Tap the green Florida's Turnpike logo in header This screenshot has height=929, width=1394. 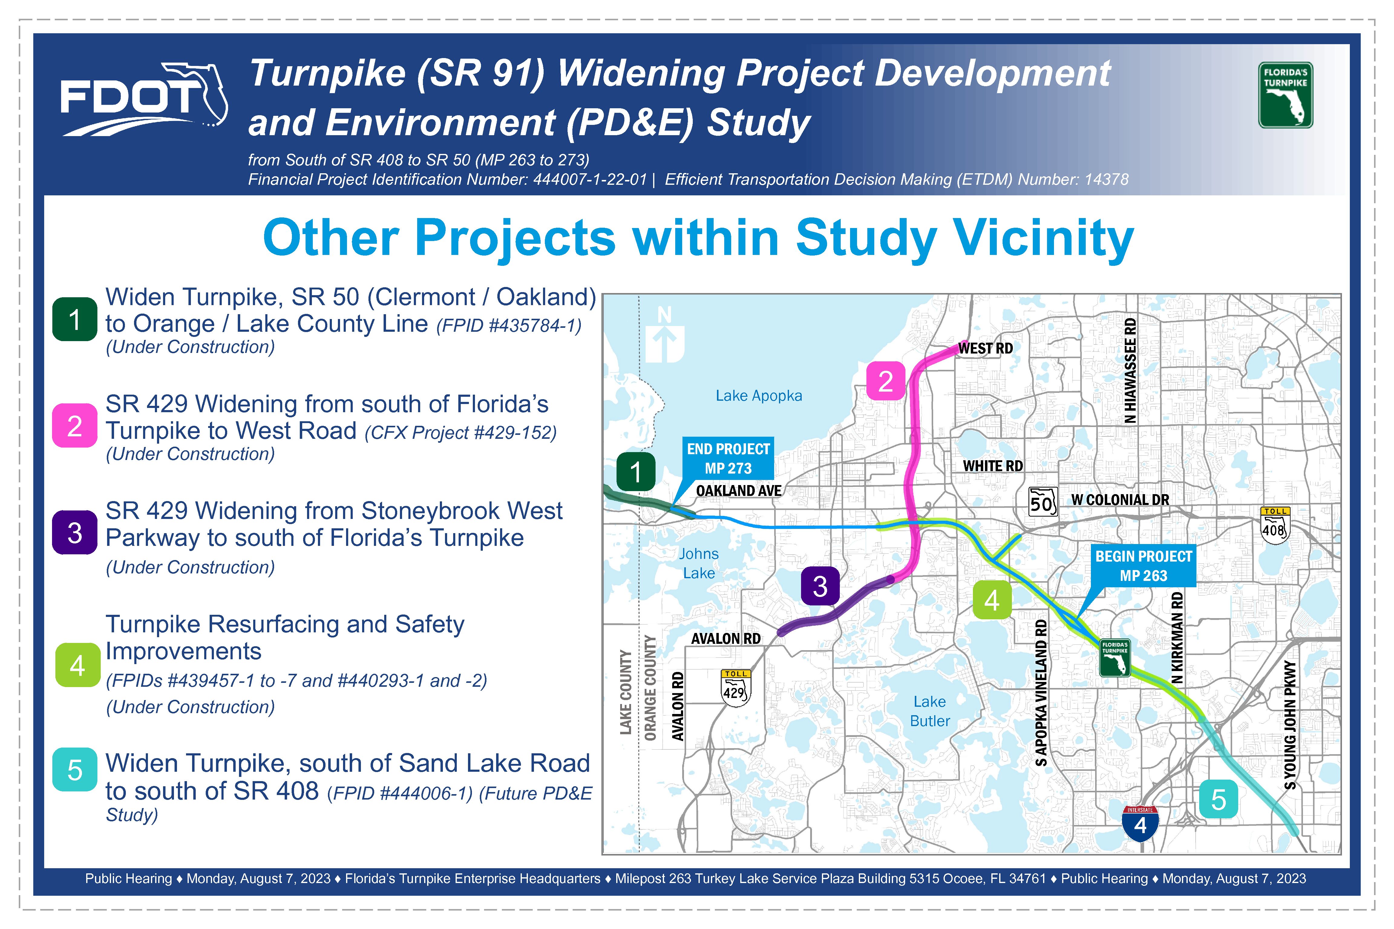1285,95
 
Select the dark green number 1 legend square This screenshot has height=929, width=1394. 75,319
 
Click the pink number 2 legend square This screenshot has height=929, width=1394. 75,425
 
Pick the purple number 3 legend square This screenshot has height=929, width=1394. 75,532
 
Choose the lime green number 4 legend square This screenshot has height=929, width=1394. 78,665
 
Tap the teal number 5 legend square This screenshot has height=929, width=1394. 75,770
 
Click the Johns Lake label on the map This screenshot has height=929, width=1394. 699,563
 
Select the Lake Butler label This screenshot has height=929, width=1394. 930,711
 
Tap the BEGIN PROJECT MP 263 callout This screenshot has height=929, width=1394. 1143,566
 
